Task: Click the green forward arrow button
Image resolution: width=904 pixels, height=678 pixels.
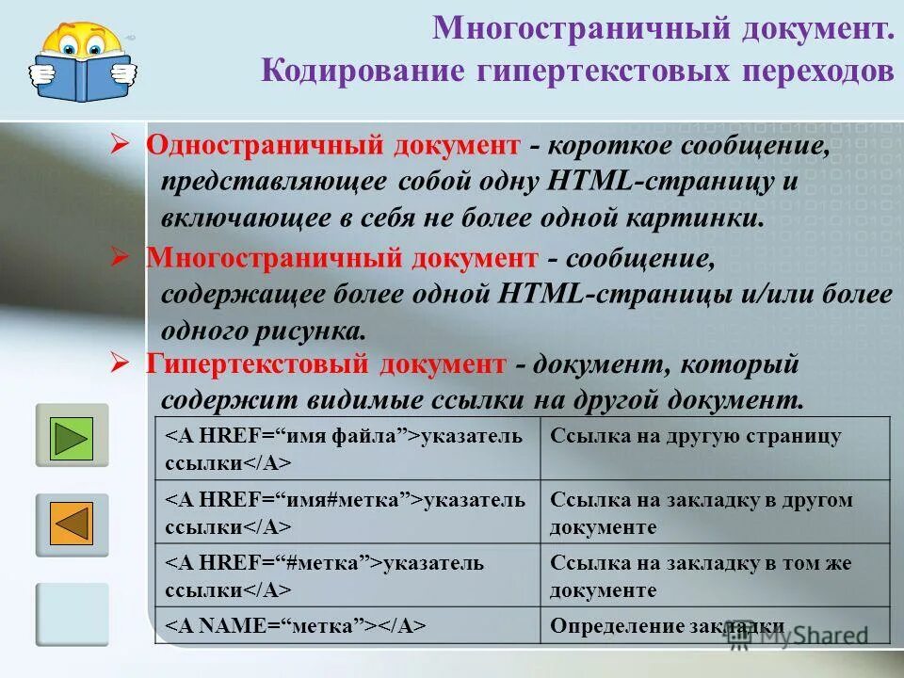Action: pyautogui.click(x=73, y=435)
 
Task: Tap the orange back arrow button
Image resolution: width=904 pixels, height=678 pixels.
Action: pyautogui.click(x=73, y=525)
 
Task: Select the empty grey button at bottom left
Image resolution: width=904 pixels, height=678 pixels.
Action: pyautogui.click(x=73, y=614)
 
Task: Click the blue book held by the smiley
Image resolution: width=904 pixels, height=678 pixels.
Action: pyautogui.click(x=82, y=78)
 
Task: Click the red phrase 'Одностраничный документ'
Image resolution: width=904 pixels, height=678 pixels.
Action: pyautogui.click(x=332, y=147)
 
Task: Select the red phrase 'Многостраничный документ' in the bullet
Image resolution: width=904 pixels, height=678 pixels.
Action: pyautogui.click(x=342, y=258)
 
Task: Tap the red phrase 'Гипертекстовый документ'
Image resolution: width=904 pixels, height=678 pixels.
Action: pyautogui.click(x=326, y=363)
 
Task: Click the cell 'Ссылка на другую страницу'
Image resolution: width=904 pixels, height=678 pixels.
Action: pyautogui.click(x=714, y=447)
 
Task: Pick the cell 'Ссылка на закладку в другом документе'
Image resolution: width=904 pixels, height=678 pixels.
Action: pyautogui.click(x=714, y=512)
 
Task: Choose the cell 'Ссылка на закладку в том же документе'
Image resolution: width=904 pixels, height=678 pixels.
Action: pyautogui.click(x=714, y=576)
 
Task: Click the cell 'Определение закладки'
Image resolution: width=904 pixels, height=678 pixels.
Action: pyautogui.click(x=714, y=625)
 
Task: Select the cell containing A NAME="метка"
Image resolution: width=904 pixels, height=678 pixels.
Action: pyautogui.click(x=347, y=625)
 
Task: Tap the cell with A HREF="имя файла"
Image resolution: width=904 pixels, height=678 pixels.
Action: pyautogui.click(x=347, y=447)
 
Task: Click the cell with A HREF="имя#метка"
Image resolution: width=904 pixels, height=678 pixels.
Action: pyautogui.click(x=347, y=512)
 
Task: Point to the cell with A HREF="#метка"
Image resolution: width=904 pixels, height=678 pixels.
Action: pyautogui.click(x=347, y=576)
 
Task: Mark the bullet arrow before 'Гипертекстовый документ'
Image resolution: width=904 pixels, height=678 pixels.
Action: pyautogui.click(x=119, y=362)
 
